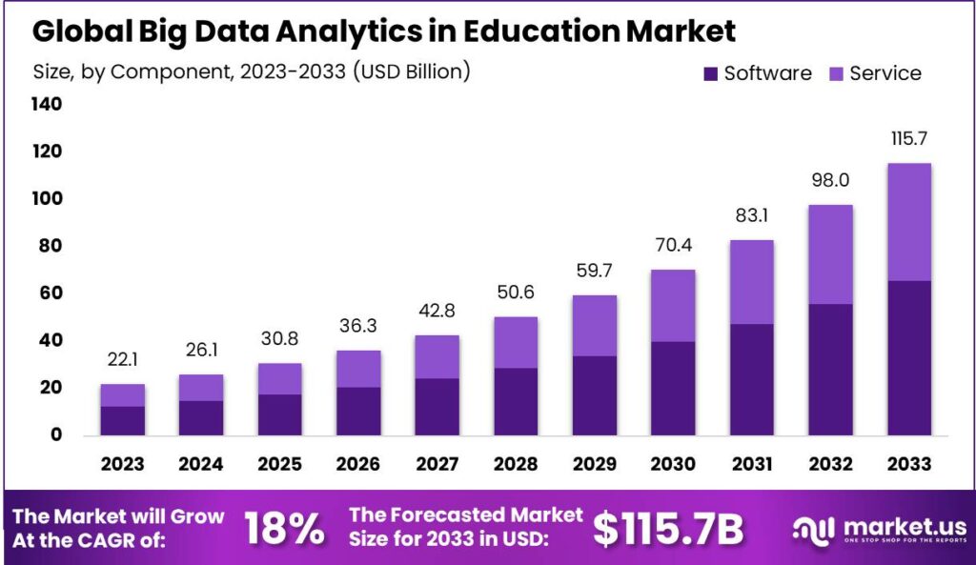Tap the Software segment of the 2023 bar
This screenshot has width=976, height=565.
(122, 420)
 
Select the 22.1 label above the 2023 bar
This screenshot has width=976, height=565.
(122, 359)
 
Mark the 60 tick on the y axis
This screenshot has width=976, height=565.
(51, 293)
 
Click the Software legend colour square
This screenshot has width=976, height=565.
(710, 73)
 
